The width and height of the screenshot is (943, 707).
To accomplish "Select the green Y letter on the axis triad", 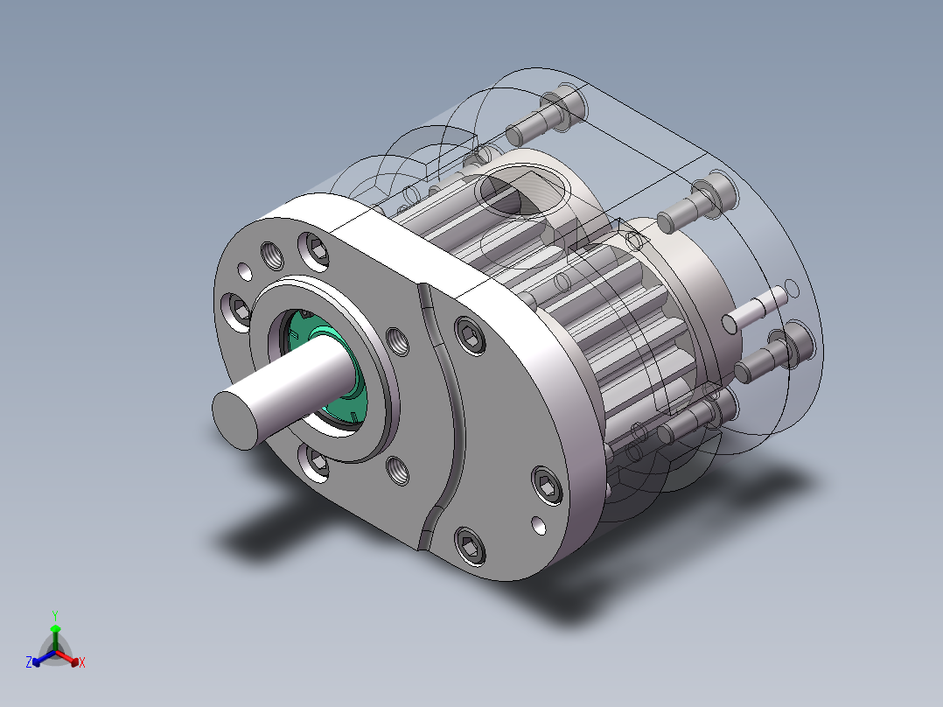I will pos(54,614).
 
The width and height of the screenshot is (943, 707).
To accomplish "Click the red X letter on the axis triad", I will pos(81,663).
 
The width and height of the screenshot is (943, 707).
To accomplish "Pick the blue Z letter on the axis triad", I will pos(29,663).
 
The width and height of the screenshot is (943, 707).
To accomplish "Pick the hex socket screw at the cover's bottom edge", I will pos(471,546).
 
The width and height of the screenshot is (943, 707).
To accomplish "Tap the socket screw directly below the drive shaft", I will pos(316,462).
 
